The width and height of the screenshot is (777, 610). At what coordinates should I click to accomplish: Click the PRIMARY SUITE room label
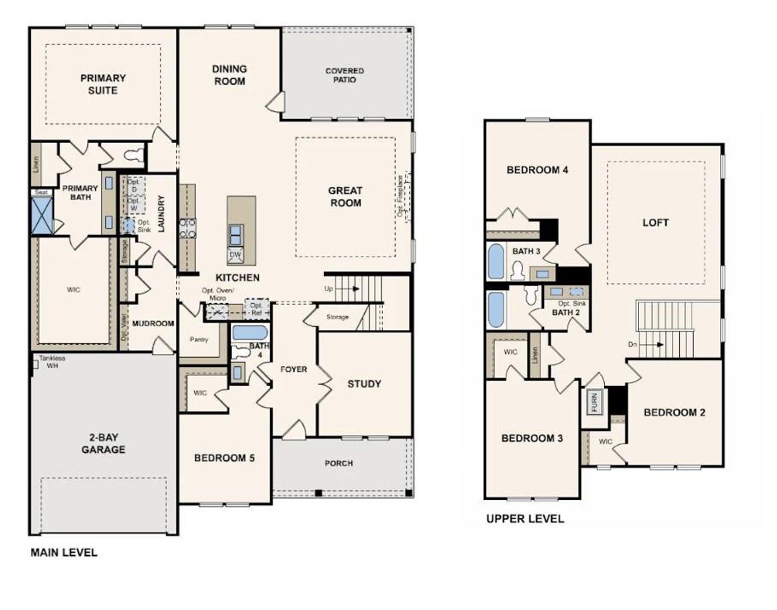[x=103, y=84]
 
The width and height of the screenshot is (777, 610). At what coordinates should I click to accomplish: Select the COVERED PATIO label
[x=344, y=75]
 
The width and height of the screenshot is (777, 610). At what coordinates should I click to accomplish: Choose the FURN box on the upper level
[x=594, y=401]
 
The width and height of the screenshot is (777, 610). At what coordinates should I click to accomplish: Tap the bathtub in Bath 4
[x=249, y=332]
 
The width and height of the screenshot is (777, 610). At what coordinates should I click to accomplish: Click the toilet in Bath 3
[x=518, y=269]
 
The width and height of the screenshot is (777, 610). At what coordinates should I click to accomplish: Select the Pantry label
[x=199, y=340]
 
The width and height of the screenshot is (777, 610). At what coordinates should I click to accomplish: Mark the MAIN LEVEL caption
[x=64, y=552]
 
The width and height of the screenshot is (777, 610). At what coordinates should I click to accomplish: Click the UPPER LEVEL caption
[x=524, y=519]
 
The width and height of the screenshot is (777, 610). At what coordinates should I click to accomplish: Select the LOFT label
[x=656, y=223]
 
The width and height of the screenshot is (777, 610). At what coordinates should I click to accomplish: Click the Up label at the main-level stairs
[x=328, y=289]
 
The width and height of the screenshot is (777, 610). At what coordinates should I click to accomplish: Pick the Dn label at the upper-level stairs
[x=633, y=344]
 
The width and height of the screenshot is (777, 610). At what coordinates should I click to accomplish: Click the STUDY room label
[x=364, y=384]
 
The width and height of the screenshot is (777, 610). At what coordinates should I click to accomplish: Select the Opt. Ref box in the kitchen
[x=256, y=309]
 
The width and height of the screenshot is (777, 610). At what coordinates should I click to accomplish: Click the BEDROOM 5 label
[x=224, y=458]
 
